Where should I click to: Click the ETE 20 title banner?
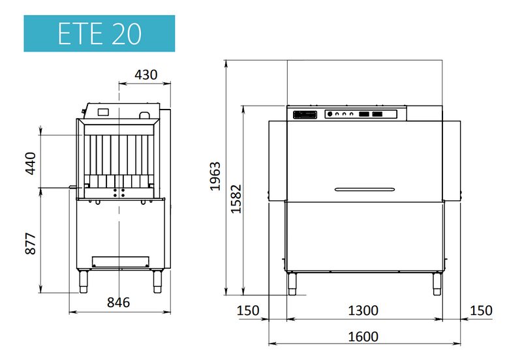click(x=99, y=33)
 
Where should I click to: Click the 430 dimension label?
click(x=146, y=74)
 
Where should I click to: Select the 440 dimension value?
click(x=31, y=163)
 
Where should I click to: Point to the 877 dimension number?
click(x=31, y=243)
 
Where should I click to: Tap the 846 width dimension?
click(x=118, y=302)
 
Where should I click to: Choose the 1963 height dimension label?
click(x=215, y=176)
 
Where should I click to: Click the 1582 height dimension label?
click(x=236, y=199)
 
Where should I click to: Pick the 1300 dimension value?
click(x=363, y=310)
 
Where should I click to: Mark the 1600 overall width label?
click(x=363, y=337)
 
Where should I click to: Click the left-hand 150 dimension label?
click(x=248, y=310)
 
